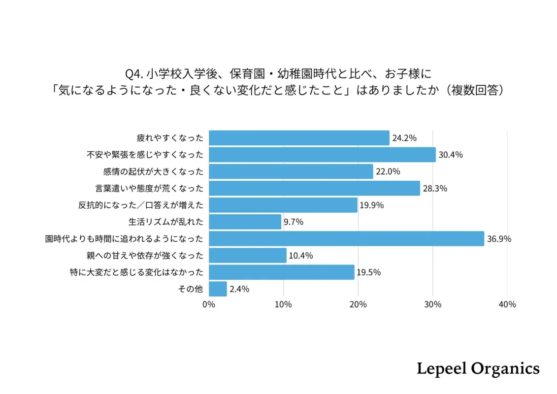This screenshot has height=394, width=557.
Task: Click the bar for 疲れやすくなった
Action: [x=299, y=138]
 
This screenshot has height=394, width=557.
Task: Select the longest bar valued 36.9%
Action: [x=346, y=239]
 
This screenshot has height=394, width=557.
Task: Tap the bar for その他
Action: [x=218, y=289]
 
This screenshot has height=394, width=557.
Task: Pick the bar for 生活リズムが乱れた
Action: [x=245, y=222]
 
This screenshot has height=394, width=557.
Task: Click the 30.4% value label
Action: [x=451, y=155]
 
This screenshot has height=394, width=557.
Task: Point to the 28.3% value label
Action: [x=435, y=189]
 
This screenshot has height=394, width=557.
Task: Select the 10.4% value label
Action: [x=301, y=256]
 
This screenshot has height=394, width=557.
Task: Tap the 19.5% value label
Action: [x=369, y=272]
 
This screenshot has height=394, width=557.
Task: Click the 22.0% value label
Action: [x=388, y=171]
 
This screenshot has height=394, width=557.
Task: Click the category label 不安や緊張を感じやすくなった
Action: [x=145, y=155]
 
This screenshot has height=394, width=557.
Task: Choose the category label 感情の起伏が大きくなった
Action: [x=153, y=171]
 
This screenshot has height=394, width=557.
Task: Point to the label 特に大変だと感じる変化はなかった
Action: [x=136, y=272]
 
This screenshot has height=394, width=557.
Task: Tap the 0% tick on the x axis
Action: [x=209, y=304]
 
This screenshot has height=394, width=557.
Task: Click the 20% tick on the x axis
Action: [x=358, y=304]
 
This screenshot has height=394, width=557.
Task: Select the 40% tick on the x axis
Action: [x=507, y=304]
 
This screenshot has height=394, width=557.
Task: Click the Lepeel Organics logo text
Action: [x=478, y=368]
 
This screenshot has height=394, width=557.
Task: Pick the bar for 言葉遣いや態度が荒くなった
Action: [x=314, y=189]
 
